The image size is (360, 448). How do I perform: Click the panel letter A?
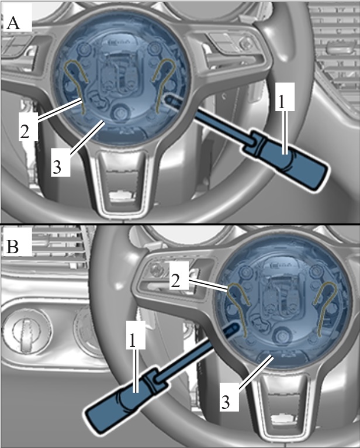[x=13, y=22]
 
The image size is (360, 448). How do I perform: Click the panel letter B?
[x=12, y=246]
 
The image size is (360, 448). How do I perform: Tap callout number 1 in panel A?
[x=282, y=102]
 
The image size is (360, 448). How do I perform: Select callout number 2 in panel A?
[x=25, y=132]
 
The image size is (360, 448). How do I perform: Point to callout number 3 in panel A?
[x=57, y=167]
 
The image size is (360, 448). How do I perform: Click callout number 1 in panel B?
[x=132, y=340]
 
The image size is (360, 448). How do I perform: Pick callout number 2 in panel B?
[x=175, y=281]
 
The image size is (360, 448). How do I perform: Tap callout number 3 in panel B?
[x=225, y=402]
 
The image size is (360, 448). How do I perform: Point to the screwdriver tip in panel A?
[x=167, y=99]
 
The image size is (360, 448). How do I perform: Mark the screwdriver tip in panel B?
[x=237, y=325]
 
